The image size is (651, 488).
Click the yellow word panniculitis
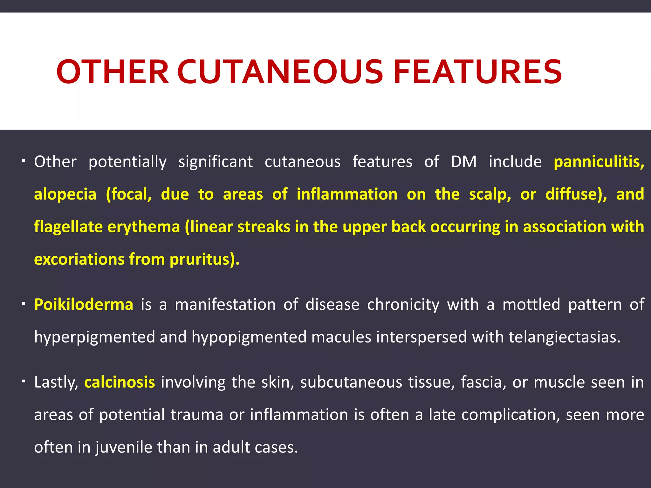pos(599,162)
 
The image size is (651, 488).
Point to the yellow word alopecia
pos(65,194)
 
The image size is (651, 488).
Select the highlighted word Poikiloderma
pos(84,304)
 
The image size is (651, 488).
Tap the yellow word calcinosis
pos(120,382)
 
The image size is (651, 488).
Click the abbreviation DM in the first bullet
pos(464,162)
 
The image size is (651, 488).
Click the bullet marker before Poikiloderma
pos(24,304)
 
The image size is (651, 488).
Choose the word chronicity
pos(403,304)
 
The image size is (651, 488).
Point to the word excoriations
pos(79,259)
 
